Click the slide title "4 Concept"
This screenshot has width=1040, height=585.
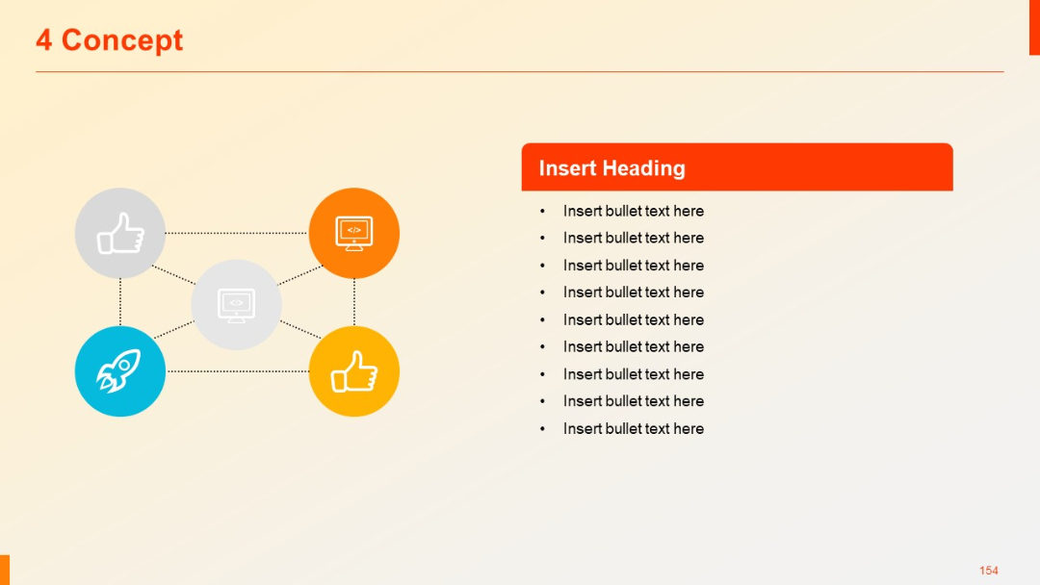(x=109, y=40)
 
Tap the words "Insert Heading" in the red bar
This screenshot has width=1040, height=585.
(x=611, y=168)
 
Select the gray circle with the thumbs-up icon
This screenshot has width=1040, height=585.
(x=120, y=233)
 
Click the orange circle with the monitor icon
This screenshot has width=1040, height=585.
(x=354, y=233)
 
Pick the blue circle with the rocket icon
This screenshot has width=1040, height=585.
(x=120, y=371)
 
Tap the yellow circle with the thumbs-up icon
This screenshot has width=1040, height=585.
(x=354, y=371)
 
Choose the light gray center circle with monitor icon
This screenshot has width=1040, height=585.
(x=236, y=304)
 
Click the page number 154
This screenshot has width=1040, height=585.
(x=988, y=571)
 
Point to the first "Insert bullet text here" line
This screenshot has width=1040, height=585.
(x=633, y=211)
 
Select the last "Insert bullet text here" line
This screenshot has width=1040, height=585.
(x=633, y=428)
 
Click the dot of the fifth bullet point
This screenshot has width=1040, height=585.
(x=542, y=319)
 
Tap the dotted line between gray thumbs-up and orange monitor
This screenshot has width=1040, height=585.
(x=237, y=233)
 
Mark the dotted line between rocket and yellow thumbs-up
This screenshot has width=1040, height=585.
(x=237, y=371)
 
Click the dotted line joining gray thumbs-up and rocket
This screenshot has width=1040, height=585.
(x=120, y=302)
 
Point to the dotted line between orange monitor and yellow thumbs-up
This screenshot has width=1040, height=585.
(x=354, y=302)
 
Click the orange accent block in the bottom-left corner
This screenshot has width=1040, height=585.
(x=4, y=570)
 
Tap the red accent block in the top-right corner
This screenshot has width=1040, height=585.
(x=1034, y=27)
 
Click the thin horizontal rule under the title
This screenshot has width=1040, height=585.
(x=520, y=71)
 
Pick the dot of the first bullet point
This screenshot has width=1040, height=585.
(x=542, y=211)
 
